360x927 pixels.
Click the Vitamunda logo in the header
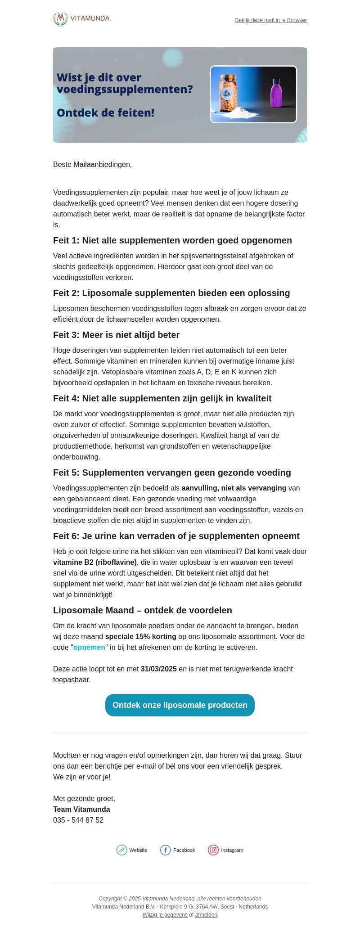coord(81,19)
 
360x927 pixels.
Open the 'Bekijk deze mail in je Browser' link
coord(271,20)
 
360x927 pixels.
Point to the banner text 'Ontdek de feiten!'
coord(105,112)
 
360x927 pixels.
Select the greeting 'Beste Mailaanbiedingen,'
coord(92,164)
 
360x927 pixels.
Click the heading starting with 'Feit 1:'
coord(172,240)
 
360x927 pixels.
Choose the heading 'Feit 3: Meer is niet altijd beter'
coord(116,335)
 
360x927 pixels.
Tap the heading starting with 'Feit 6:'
coord(176,536)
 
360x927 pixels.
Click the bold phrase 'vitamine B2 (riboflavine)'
coord(95,562)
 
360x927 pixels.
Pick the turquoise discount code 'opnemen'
coord(89,647)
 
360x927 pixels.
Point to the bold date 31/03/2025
coord(158,669)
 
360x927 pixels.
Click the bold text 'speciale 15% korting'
coord(140,636)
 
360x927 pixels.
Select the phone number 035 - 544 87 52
coord(78,820)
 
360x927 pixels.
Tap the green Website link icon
coord(122,850)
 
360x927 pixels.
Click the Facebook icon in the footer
coord(166,850)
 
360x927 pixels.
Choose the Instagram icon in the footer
coord(213,850)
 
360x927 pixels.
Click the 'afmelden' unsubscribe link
coord(206,915)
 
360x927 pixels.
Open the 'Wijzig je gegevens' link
coord(165,915)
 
